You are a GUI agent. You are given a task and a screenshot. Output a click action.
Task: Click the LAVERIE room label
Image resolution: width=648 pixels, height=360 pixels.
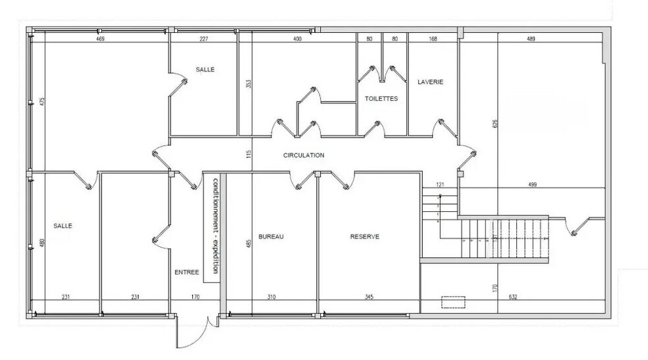point(430,82)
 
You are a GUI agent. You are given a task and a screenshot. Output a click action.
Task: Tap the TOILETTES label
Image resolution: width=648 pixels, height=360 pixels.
point(381,99)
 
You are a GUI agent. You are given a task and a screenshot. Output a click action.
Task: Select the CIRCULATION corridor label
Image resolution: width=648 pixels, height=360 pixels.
point(304,155)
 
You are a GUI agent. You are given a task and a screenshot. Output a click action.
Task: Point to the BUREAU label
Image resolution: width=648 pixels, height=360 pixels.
point(271,236)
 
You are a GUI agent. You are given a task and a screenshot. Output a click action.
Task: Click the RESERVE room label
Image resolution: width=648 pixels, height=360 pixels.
point(365,236)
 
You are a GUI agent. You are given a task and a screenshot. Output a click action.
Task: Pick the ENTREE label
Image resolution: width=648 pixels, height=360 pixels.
point(187,272)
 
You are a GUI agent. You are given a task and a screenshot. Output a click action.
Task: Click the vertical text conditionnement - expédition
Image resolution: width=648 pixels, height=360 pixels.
point(215,226)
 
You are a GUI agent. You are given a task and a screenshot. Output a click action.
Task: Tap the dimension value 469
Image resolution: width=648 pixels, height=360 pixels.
point(100,39)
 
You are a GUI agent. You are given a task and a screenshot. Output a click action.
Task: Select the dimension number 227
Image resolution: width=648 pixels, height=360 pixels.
point(203,39)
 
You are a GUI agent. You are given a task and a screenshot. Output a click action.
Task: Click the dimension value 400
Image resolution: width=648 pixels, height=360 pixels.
point(297,39)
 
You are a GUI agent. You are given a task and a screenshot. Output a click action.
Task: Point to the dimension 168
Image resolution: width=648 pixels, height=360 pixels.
point(433,39)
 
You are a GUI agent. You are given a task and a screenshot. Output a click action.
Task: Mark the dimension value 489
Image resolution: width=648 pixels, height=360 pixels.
point(531,39)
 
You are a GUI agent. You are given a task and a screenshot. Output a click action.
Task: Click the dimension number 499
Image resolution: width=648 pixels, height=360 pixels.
point(533,184)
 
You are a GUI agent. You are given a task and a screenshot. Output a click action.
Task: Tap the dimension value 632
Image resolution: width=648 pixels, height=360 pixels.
point(513,297)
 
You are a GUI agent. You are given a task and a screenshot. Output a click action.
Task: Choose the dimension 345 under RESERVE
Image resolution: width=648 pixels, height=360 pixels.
point(369,297)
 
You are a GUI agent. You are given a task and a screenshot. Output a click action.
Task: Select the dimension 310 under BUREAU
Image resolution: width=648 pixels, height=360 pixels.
point(271,297)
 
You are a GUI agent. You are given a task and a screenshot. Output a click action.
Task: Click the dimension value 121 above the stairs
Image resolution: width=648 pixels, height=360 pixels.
point(440,184)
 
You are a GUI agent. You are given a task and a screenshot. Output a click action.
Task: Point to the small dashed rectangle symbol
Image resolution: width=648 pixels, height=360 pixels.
point(453,302)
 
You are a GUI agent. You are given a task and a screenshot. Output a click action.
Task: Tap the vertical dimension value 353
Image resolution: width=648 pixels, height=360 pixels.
point(248,84)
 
